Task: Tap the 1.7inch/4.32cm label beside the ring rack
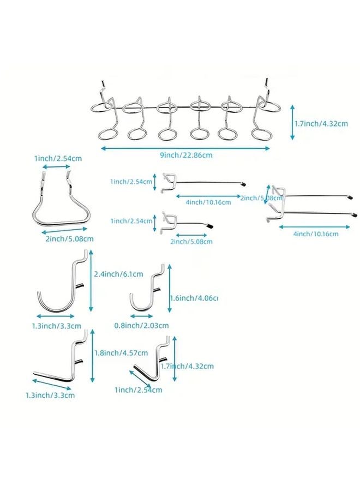321,124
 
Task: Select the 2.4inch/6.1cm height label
119,274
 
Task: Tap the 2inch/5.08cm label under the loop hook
70,238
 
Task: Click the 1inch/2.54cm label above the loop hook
58,158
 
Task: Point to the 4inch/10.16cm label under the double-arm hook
316,233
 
